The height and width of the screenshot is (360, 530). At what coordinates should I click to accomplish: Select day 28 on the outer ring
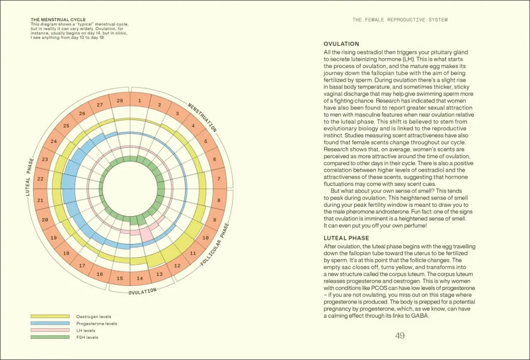(x=120, y=101)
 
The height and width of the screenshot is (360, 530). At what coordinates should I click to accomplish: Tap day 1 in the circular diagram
(x=140, y=101)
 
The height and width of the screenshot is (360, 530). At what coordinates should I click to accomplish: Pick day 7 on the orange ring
(x=218, y=179)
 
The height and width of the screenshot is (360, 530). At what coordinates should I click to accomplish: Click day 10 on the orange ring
(x=205, y=238)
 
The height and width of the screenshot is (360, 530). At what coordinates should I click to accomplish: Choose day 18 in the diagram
(x=66, y=253)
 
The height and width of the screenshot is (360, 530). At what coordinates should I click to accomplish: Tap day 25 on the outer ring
(x=66, y=126)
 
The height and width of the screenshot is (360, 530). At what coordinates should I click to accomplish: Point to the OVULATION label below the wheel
(x=142, y=292)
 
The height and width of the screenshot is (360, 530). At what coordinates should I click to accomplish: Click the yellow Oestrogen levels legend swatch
(x=50, y=316)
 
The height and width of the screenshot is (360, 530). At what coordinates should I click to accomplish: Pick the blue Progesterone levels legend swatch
(x=50, y=323)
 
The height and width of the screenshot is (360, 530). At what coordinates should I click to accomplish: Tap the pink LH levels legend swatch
(x=50, y=330)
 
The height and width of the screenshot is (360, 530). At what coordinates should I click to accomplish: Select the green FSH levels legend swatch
(x=50, y=337)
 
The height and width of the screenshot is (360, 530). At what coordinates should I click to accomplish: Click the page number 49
(x=400, y=336)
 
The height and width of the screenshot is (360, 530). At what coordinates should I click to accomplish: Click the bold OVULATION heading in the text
(x=341, y=44)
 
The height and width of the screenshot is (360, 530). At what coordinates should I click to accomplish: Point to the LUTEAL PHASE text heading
(x=346, y=238)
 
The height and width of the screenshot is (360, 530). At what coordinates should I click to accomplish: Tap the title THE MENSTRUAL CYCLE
(x=58, y=20)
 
